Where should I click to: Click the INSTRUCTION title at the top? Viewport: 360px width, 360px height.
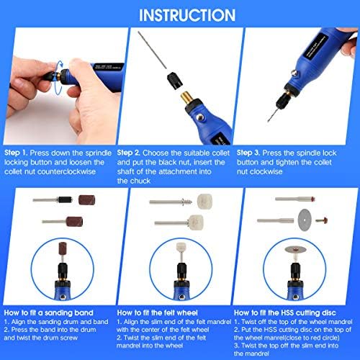click(187, 15)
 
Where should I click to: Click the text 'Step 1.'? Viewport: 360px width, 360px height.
click(16, 153)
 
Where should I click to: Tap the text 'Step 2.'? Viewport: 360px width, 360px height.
click(129, 153)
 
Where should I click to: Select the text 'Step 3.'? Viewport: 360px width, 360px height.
click(248, 153)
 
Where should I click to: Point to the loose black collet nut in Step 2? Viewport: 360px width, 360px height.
click(174, 81)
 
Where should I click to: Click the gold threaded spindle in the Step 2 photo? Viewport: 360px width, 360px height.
click(186, 96)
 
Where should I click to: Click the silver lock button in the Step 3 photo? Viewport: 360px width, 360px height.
click(293, 73)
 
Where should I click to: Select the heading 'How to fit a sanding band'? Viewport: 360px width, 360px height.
click(48, 312)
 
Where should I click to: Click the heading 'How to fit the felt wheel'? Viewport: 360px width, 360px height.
click(157, 312)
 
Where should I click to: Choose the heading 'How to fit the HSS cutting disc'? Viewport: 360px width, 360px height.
click(284, 312)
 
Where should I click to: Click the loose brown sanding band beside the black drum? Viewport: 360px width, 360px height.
click(86, 199)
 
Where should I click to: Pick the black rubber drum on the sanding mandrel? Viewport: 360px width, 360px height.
click(65, 199)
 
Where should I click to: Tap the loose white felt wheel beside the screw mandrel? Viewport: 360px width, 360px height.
click(204, 201)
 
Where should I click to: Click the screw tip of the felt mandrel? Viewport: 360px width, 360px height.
click(187, 202)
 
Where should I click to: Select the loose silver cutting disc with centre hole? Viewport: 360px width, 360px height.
click(304, 220)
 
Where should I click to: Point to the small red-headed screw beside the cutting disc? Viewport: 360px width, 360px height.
click(322, 220)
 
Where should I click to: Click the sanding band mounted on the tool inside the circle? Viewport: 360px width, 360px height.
click(63, 249)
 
